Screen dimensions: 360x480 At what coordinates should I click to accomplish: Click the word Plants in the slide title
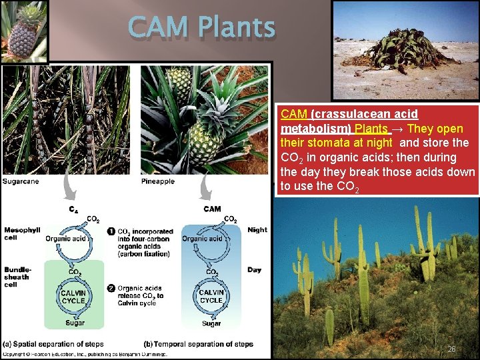point(232,28)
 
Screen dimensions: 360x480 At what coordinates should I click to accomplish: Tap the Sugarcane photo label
point(20,181)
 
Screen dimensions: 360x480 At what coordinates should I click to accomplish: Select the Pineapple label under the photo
point(158,181)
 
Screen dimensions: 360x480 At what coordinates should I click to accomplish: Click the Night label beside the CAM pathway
point(257,229)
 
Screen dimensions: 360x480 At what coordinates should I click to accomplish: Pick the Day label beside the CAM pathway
point(254,270)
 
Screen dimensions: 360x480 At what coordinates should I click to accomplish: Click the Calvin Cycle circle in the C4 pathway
point(73,297)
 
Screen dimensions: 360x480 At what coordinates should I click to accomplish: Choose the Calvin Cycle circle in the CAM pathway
point(211,297)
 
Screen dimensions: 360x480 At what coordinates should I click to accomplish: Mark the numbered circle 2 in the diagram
point(111,288)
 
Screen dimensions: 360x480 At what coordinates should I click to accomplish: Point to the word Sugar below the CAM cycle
point(211,323)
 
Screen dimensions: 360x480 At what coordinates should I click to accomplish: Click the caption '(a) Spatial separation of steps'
point(49,344)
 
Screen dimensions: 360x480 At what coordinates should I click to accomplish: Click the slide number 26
point(451,349)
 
